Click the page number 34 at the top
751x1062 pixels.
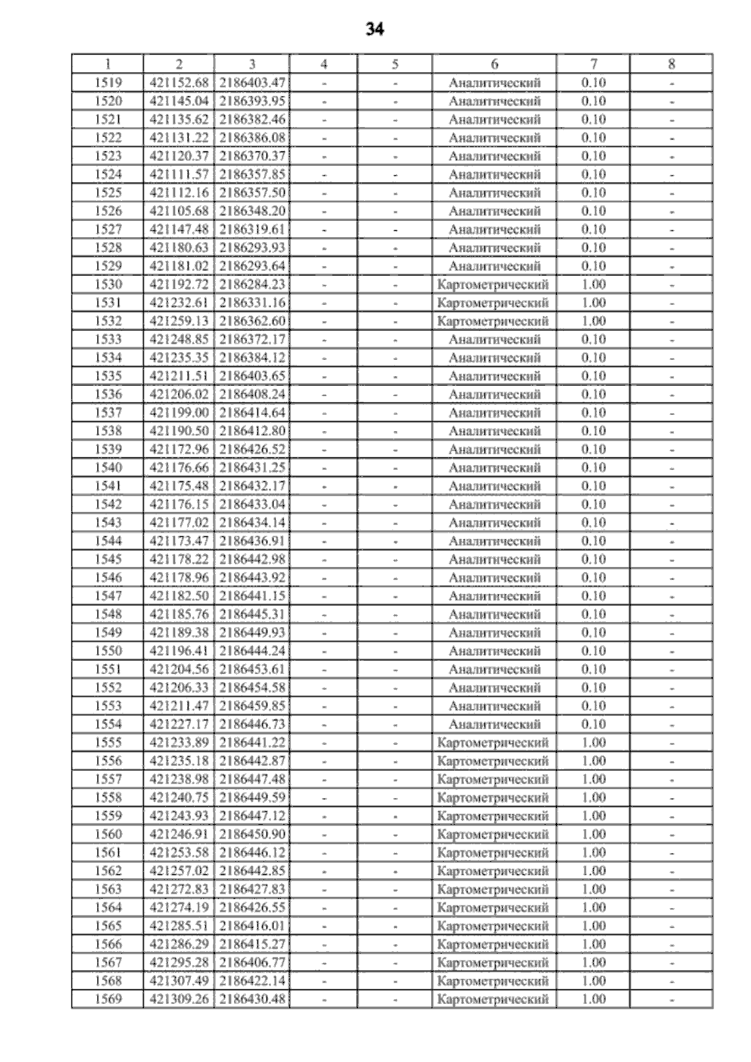click(374, 29)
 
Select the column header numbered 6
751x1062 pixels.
click(494, 64)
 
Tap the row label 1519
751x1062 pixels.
click(108, 83)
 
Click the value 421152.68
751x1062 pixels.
click(179, 83)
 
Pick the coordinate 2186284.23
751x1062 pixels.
click(252, 284)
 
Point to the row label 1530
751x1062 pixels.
click(108, 284)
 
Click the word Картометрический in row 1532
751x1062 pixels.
click(493, 321)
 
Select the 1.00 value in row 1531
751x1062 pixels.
click(593, 303)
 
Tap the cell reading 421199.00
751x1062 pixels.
click(179, 412)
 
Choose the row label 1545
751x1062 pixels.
click(108, 559)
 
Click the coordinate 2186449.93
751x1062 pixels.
click(252, 632)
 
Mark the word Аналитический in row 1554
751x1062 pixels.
click(494, 724)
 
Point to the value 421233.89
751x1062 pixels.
click(179, 742)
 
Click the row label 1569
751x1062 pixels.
click(108, 999)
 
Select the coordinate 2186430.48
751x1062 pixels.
click(252, 999)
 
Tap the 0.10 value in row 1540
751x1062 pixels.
click(593, 467)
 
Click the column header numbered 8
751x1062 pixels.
click(672, 64)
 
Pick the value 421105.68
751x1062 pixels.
click(179, 211)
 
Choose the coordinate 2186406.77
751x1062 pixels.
click(252, 962)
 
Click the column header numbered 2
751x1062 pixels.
click(179, 64)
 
